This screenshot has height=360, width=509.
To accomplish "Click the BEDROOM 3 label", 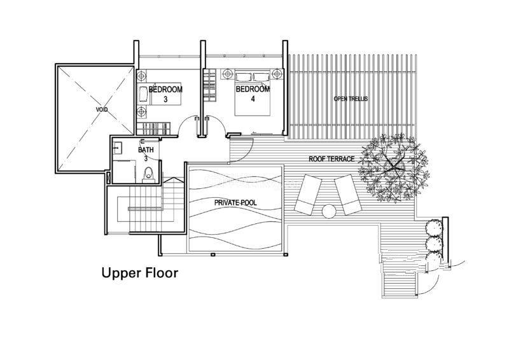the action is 165,94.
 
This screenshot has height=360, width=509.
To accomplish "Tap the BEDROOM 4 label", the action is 253,93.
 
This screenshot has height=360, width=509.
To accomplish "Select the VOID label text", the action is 102,110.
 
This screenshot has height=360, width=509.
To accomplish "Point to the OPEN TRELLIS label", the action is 351,99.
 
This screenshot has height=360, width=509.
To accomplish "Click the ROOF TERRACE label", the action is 331,159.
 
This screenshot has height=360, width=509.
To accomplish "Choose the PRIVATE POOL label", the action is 235,203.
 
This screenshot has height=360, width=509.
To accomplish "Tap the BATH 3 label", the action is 146,154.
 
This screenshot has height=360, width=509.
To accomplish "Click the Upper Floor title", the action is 140,273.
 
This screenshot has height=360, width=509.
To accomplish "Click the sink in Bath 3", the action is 117,148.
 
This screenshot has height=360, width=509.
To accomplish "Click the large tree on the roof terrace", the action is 393,167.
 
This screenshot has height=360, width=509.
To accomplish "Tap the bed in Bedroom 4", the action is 253,92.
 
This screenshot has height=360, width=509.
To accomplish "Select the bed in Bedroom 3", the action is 160,93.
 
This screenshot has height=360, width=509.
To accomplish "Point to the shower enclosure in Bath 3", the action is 124,171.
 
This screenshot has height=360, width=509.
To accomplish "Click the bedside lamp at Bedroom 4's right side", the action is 276,74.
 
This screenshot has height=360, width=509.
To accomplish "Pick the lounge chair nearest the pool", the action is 308,195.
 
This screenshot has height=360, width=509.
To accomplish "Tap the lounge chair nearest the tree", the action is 348,195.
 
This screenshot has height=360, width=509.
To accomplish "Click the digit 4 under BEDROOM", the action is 253,99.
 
